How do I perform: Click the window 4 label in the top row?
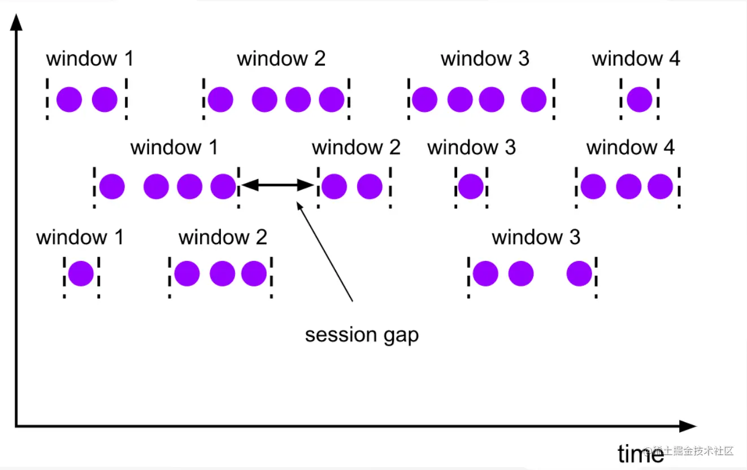(x=636, y=58)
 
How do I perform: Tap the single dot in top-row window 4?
(x=640, y=100)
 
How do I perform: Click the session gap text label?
(x=362, y=335)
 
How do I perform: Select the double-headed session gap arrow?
(x=277, y=185)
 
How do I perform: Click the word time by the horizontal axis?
(x=640, y=454)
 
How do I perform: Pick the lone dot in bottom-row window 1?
(x=81, y=274)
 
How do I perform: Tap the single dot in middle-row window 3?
(x=471, y=186)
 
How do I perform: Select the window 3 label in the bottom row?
(x=536, y=237)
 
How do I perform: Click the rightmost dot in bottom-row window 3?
(x=579, y=274)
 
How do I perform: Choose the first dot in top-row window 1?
(x=69, y=100)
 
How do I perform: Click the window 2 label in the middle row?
(x=356, y=147)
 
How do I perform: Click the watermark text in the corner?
(x=692, y=451)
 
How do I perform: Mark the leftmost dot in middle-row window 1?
(x=112, y=186)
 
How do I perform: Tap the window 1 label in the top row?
(x=89, y=58)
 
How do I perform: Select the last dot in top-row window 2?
(x=332, y=100)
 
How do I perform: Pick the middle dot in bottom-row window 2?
(x=222, y=274)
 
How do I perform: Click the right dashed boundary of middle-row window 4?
(x=679, y=186)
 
